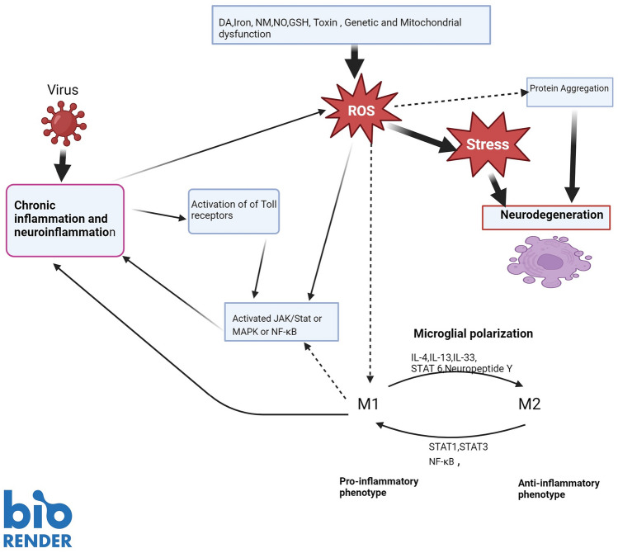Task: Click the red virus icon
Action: click(x=64, y=123)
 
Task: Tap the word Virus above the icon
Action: click(x=63, y=90)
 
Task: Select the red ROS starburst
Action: click(x=361, y=110)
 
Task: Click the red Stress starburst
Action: click(x=488, y=144)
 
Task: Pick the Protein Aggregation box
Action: click(x=569, y=92)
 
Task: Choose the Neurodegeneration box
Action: click(x=546, y=217)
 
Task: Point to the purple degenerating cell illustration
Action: click(x=549, y=262)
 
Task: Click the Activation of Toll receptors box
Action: click(x=234, y=211)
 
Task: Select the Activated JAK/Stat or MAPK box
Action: click(x=281, y=322)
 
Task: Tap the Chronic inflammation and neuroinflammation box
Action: click(x=65, y=220)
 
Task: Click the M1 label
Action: click(x=368, y=404)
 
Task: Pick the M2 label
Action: click(x=530, y=404)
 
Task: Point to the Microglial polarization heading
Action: click(x=473, y=333)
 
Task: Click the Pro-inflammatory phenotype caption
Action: click(x=379, y=487)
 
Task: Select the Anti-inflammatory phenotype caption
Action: click(x=559, y=489)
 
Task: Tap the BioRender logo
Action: click(x=38, y=518)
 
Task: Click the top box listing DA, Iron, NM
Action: click(x=351, y=25)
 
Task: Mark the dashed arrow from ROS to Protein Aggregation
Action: click(x=461, y=99)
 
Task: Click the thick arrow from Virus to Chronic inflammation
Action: click(x=62, y=165)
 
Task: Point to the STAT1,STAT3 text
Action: click(x=458, y=447)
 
